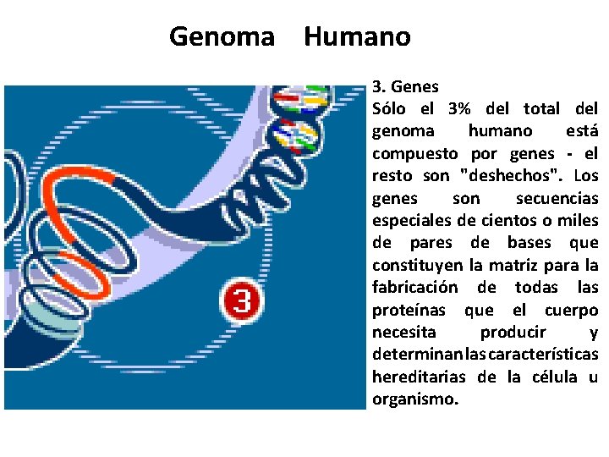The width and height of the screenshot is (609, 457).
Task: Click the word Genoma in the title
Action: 222,37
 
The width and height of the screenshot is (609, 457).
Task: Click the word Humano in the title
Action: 356,37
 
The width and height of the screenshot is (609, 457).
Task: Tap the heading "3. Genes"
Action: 405,86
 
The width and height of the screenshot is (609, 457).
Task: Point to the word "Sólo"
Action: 390,108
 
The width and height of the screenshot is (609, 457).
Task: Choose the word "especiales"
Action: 412,220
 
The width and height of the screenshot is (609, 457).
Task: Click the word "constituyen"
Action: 417,265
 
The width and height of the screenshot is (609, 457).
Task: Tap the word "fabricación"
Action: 415,287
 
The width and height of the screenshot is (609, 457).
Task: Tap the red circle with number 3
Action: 241,301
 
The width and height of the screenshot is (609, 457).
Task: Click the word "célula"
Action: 555,377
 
